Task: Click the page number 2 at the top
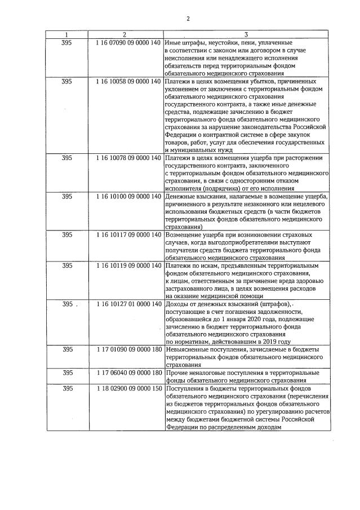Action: click(x=188, y=19)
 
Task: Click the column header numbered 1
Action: click(x=66, y=34)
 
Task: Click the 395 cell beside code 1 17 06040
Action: click(x=66, y=373)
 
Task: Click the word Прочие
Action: click(x=176, y=373)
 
